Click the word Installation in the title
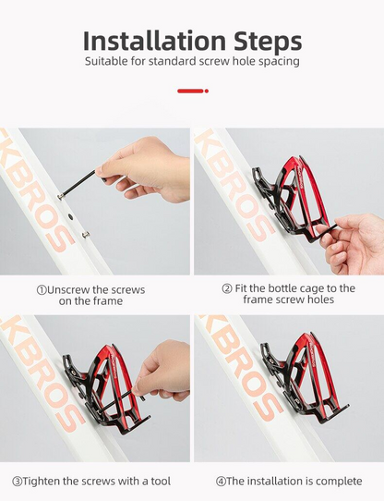[x=154, y=41]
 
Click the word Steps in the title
[x=268, y=42]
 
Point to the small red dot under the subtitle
[x=207, y=92]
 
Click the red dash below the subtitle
[x=190, y=92]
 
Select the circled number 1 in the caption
[x=42, y=290]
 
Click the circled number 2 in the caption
[x=227, y=288]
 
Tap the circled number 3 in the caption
[x=18, y=482]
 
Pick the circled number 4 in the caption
[x=221, y=482]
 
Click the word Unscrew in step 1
[x=68, y=290]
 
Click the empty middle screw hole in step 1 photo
[x=70, y=217]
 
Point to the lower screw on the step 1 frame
[x=85, y=235]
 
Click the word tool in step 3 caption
[x=161, y=482]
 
